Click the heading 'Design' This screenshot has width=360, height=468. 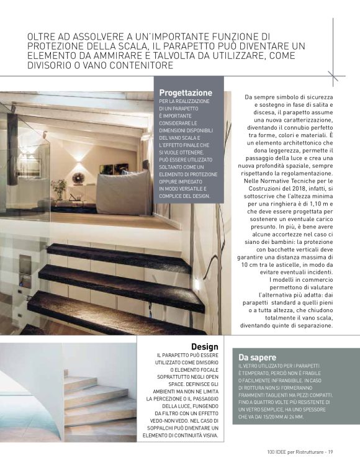(205, 346)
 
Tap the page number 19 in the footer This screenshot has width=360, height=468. (331, 451)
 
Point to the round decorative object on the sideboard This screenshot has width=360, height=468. (79, 179)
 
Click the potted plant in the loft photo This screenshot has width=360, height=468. (60, 188)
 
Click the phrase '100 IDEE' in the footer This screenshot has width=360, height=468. (276, 451)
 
